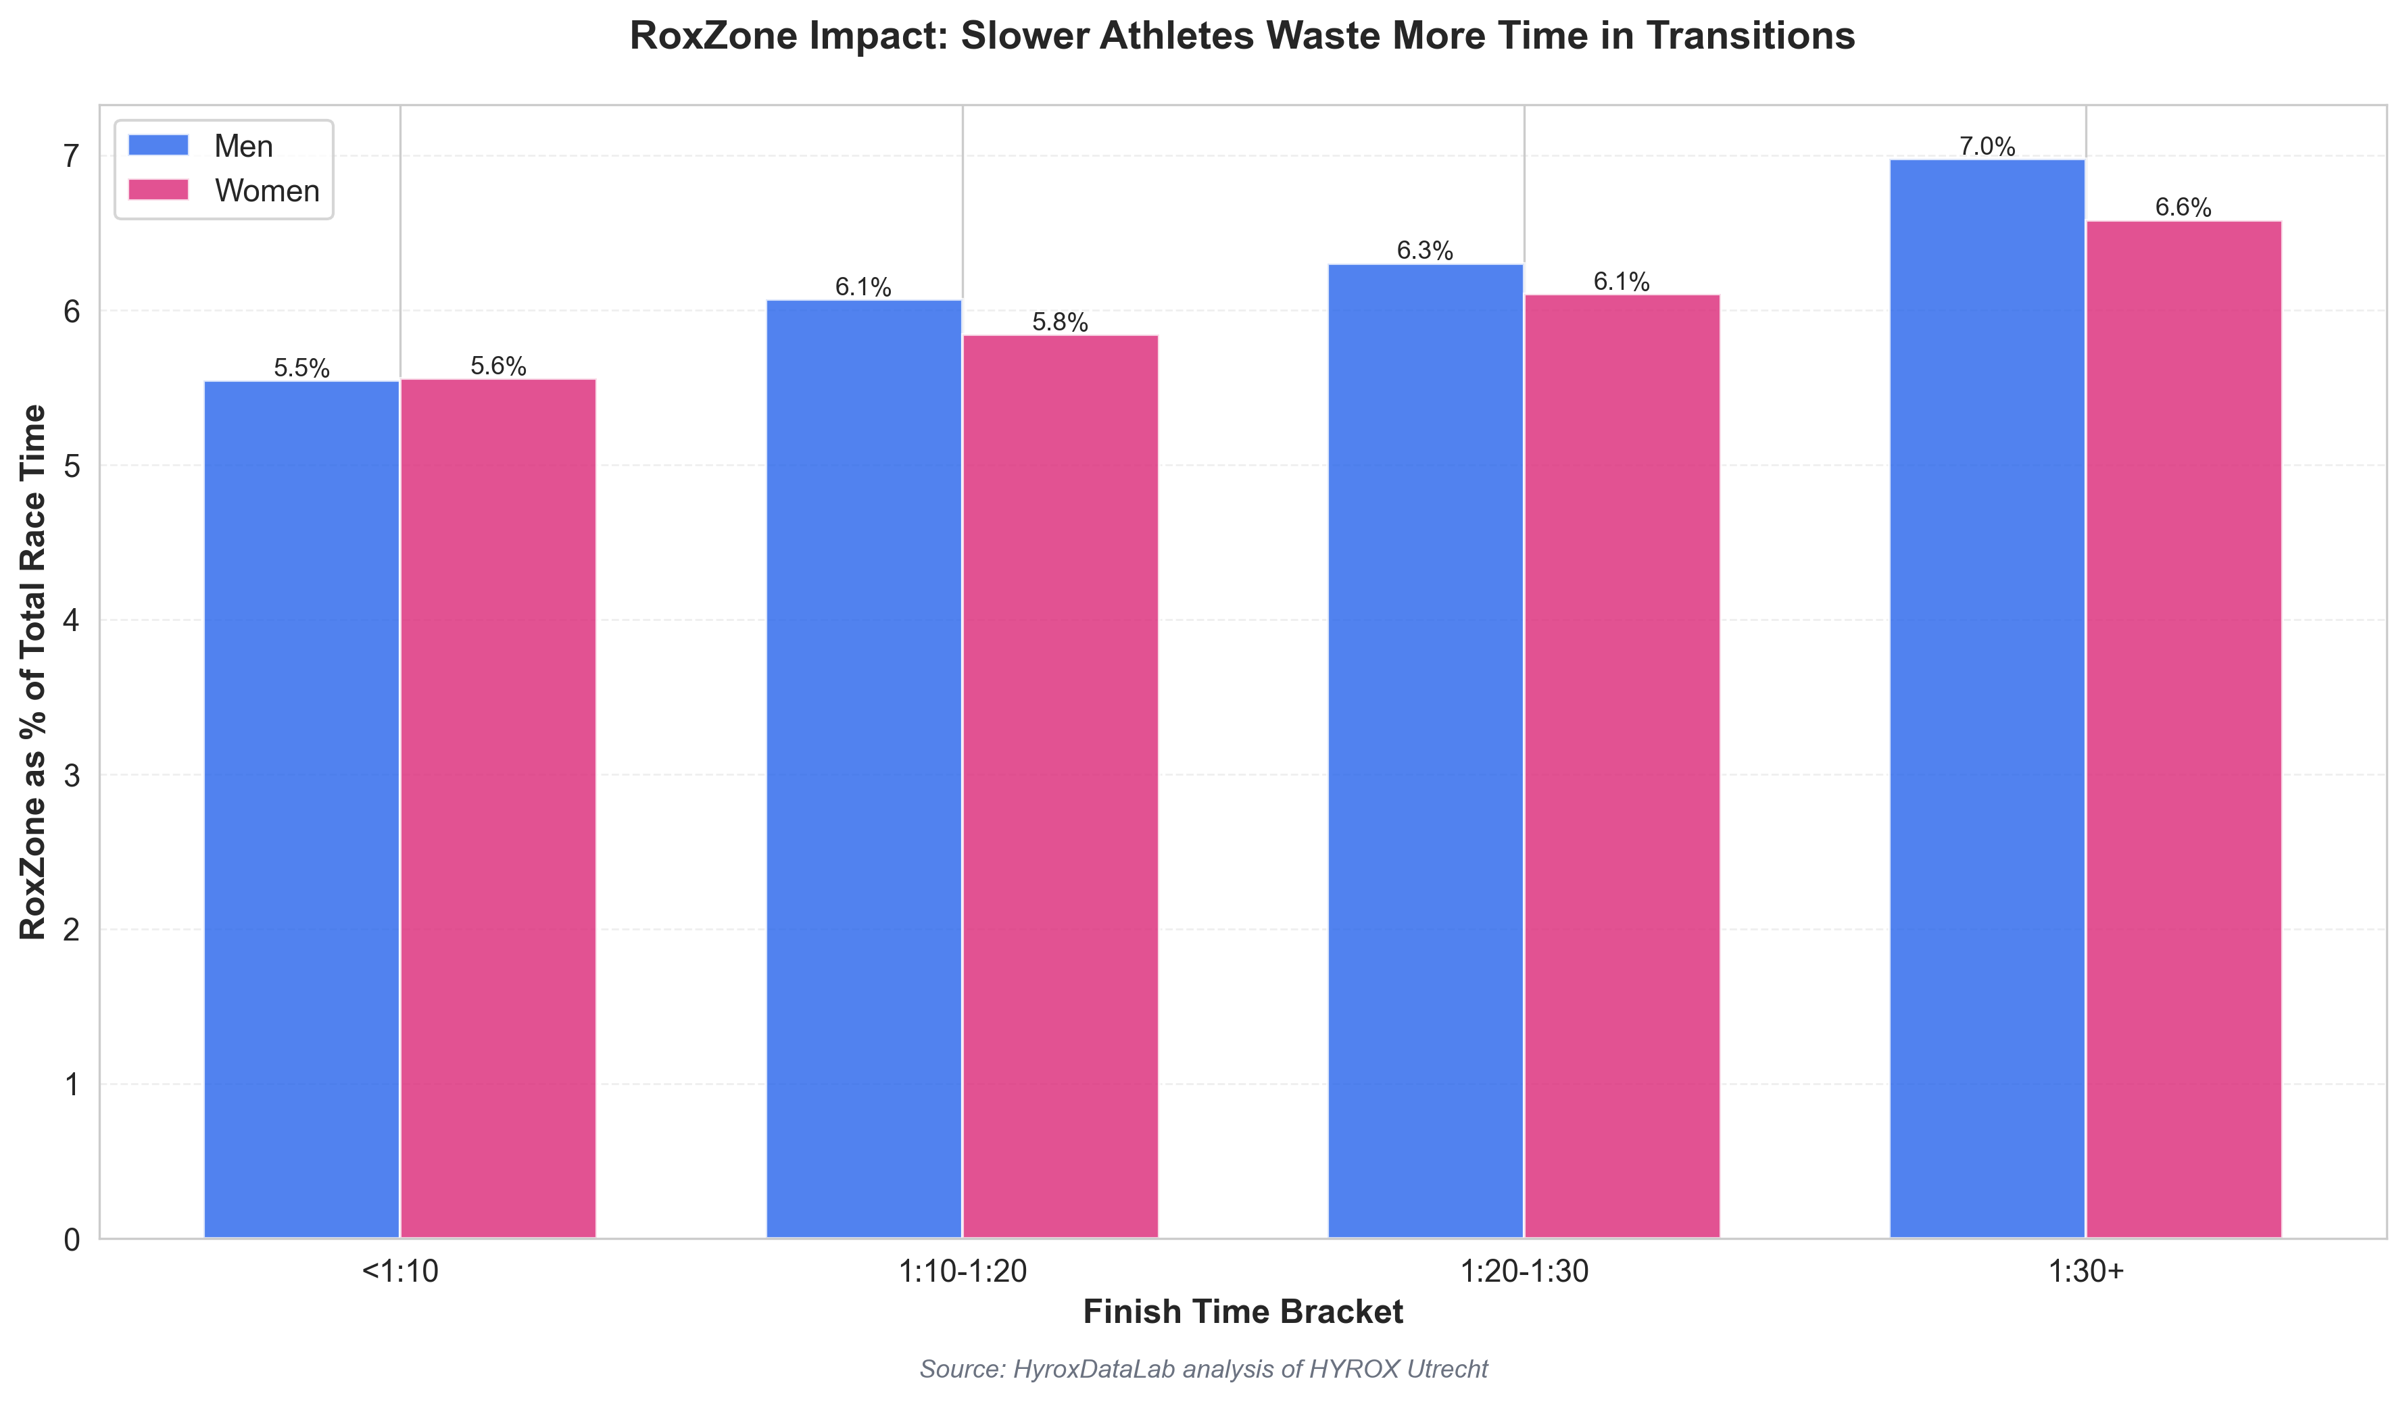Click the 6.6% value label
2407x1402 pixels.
[2183, 208]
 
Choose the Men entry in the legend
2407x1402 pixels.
[243, 146]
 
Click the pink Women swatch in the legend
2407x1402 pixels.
[159, 190]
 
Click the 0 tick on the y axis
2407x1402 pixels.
[72, 1240]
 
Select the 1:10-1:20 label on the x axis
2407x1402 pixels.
[963, 1271]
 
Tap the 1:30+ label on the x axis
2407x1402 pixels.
[2086, 1271]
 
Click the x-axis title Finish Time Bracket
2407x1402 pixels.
[1242, 1312]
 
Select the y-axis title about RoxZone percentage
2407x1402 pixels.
[32, 672]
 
